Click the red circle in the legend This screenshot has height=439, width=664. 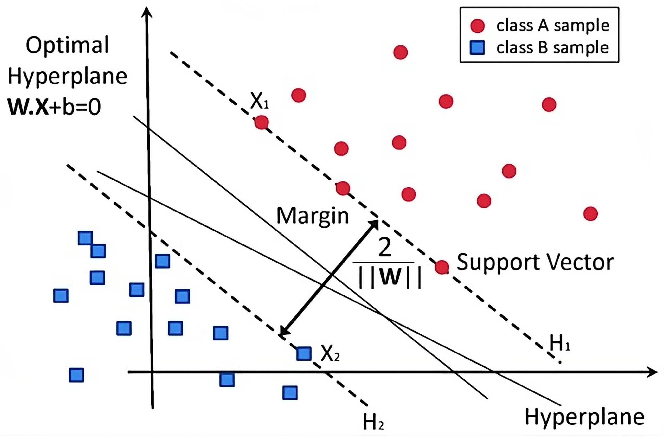coord(477,26)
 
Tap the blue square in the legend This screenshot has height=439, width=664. coord(477,48)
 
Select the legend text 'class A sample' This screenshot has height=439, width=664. coord(553,26)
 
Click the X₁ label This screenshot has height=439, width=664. coord(259,101)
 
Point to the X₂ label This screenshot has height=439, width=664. coord(330,353)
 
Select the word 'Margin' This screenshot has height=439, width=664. coord(313,216)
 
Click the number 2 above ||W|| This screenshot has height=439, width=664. coord(385,247)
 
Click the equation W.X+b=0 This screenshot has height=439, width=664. coord(54,107)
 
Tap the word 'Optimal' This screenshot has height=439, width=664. coord(67,45)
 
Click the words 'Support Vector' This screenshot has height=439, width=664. coord(535,262)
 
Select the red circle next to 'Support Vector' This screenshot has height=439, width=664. coord(442,267)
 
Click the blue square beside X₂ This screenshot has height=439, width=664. coord(304,353)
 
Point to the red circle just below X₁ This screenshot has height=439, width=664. coord(262,122)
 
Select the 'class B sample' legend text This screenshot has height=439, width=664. coord(552,48)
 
